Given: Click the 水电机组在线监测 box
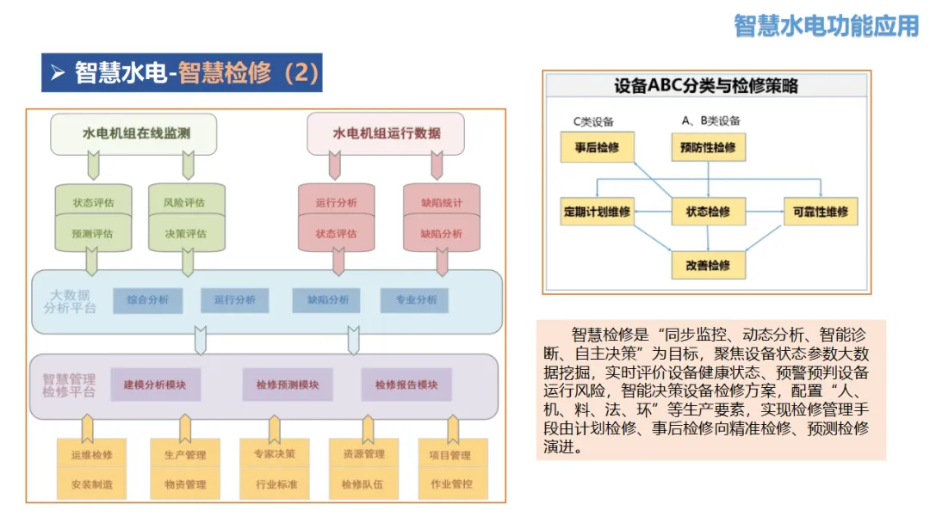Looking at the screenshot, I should pyautogui.click(x=133, y=133).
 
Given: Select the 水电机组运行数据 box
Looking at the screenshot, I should pyautogui.click(x=386, y=133).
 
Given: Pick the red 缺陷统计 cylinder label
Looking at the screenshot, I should pyautogui.click(x=441, y=203).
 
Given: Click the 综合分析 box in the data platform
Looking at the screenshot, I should pyautogui.click(x=148, y=300).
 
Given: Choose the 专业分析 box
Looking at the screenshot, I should pyautogui.click(x=416, y=300).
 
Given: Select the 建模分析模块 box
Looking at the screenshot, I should pyautogui.click(x=155, y=385).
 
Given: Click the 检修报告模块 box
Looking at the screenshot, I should pyautogui.click(x=406, y=385).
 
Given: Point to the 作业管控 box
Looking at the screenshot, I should pyautogui.click(x=452, y=484).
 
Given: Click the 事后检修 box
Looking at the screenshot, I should pyautogui.click(x=597, y=148).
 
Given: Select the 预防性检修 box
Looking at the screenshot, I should pyautogui.click(x=708, y=148).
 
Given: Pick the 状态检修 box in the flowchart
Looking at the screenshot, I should pyautogui.click(x=708, y=212).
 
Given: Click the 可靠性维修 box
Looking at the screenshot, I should pyautogui.click(x=820, y=212).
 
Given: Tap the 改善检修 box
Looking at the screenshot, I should pyautogui.click(x=708, y=265).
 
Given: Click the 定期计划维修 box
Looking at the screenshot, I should pyautogui.click(x=597, y=212).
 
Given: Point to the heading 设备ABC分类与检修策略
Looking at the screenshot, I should pyautogui.click(x=706, y=86).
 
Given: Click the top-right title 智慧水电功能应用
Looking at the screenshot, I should pyautogui.click(x=827, y=25).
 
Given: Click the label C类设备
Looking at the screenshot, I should pyautogui.click(x=594, y=121).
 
